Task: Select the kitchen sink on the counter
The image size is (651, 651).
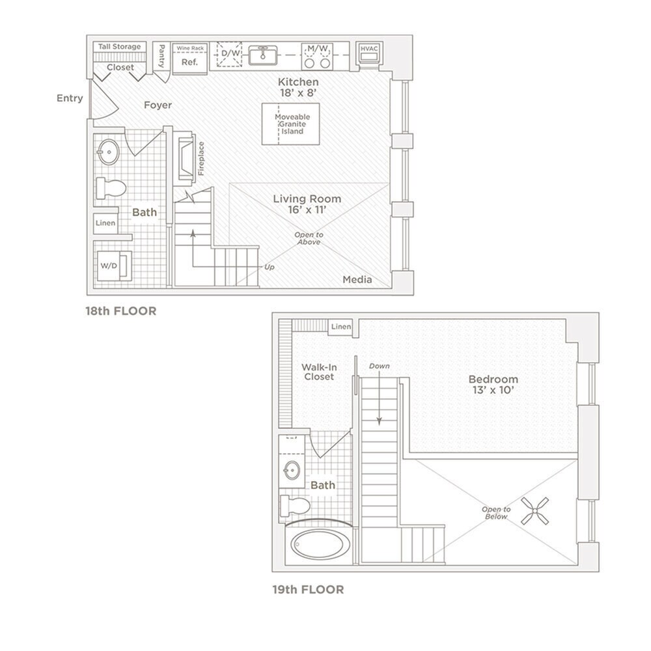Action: pos(263,55)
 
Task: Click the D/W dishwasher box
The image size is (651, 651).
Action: pos(229,55)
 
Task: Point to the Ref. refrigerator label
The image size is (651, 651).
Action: pos(189,62)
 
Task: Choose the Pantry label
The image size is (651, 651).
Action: pos(161,56)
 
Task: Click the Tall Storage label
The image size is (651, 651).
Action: pos(118,47)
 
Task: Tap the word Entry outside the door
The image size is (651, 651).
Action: pos(70,98)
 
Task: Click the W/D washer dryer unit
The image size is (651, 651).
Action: pos(107,266)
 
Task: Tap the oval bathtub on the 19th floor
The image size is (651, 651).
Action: pos(317,543)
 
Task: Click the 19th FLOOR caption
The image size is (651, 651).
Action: pos(308,590)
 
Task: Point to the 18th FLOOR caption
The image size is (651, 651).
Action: pos(122,311)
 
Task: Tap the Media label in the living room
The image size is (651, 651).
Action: pos(357,280)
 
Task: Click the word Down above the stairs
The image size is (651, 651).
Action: pos(379,367)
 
